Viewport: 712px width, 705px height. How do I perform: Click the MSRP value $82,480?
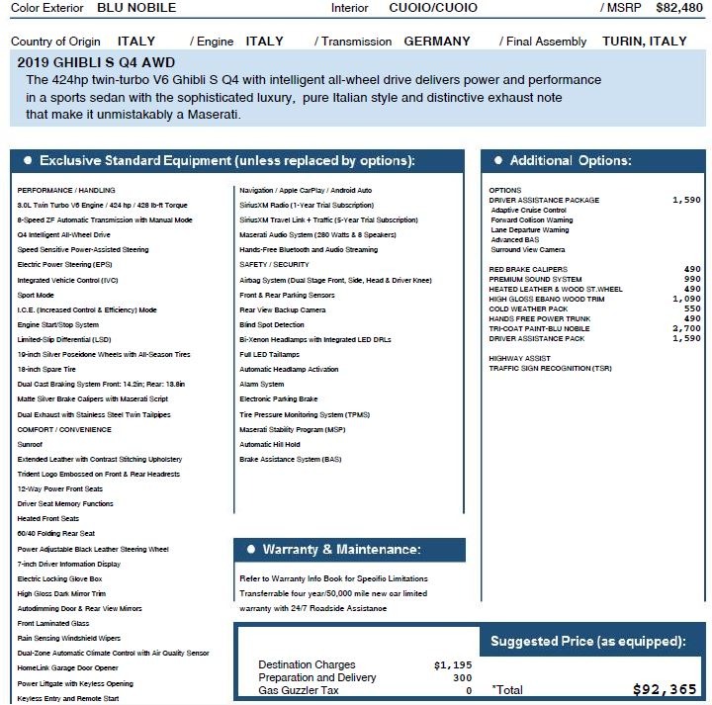coord(678,8)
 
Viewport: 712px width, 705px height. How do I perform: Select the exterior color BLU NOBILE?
coord(136,8)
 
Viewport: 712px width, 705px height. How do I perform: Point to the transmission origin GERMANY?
coord(437,42)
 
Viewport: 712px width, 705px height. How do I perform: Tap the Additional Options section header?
coord(571,161)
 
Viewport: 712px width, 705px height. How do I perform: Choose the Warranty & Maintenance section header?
coord(341,550)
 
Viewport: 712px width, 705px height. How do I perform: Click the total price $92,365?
coord(665,689)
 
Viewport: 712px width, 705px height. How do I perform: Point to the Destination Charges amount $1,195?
coord(453,665)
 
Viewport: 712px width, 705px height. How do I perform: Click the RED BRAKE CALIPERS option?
coord(529,269)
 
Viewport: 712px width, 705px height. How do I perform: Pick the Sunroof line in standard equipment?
coord(31,445)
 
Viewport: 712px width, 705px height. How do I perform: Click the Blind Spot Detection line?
coord(272,324)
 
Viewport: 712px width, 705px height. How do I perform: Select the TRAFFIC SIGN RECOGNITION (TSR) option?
coord(550,369)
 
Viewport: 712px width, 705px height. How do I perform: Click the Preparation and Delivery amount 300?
coord(462,678)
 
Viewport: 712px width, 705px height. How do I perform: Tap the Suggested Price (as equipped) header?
coord(588,642)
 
